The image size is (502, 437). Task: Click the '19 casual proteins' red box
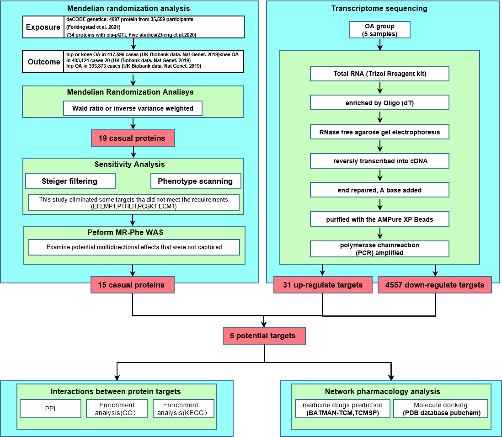click(x=133, y=138)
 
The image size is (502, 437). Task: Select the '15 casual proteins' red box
click(x=133, y=285)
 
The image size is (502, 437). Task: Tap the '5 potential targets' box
click(x=264, y=336)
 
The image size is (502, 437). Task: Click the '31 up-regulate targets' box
click(x=323, y=285)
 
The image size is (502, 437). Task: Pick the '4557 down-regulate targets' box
click(x=435, y=285)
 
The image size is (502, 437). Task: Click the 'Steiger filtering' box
click(x=70, y=181)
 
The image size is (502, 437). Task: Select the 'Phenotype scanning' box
click(x=196, y=181)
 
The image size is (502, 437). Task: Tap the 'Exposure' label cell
click(x=43, y=27)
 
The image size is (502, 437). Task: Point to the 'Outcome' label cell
click(x=43, y=62)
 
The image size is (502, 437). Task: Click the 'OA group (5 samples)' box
click(x=380, y=30)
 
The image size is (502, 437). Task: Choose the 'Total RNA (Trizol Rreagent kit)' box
click(x=380, y=74)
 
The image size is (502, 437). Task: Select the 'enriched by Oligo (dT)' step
click(x=380, y=103)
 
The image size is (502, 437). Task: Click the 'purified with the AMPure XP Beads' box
click(x=380, y=219)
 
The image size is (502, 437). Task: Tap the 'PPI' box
click(x=51, y=409)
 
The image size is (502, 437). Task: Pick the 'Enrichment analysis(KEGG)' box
click(x=183, y=409)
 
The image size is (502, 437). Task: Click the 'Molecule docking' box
click(x=441, y=409)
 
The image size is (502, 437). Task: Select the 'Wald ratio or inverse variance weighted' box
click(x=133, y=108)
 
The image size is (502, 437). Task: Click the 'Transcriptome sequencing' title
click(x=379, y=8)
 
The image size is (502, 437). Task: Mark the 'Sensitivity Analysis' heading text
click(x=130, y=164)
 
